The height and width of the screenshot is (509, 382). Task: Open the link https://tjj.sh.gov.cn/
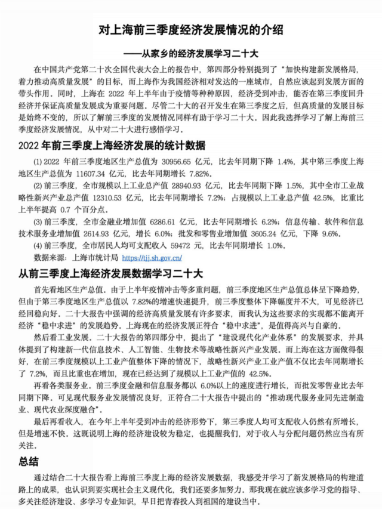152,258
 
